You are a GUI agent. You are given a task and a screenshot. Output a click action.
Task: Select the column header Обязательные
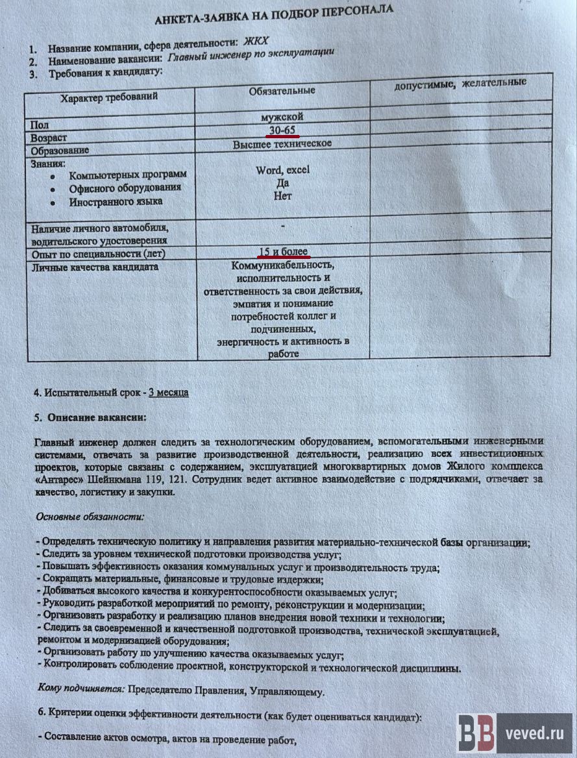pos(282,90)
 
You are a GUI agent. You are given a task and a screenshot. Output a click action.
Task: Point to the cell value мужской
pos(281,117)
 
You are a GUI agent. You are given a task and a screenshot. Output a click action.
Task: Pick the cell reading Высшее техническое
pos(282,144)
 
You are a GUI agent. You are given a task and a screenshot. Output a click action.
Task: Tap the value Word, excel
pos(283,170)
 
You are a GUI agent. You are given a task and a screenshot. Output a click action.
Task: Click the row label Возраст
pos(49,138)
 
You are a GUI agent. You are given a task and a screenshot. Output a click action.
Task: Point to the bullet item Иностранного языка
pos(116,201)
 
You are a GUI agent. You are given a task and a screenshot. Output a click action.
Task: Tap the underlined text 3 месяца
pos(169,393)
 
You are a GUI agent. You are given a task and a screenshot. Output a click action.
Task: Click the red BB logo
pos(476,733)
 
